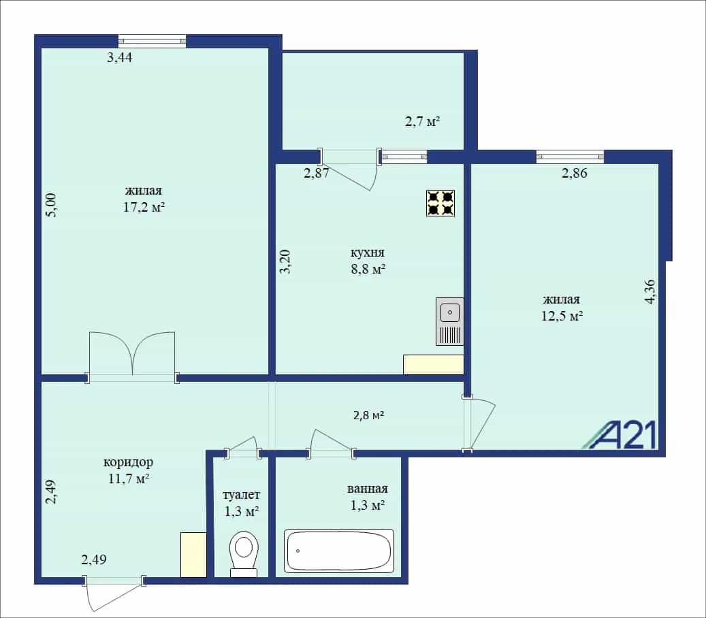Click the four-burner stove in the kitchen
coord(440,203)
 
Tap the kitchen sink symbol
coord(449,321)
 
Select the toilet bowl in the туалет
coord(244,553)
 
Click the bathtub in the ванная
coord(339,551)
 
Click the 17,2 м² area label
coord(144,207)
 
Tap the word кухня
coord(368,253)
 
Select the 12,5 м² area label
coord(562,316)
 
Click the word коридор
coord(128,462)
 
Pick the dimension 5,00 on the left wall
coord(52,206)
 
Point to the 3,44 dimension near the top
coord(119,58)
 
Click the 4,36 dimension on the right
coord(650,292)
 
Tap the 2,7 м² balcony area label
coord(422,122)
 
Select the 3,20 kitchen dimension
coord(285,261)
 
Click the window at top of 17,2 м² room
coord(153,41)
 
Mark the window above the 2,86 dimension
coord(570,157)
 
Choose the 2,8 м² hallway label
coord(368,415)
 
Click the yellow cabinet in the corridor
coord(193,555)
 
